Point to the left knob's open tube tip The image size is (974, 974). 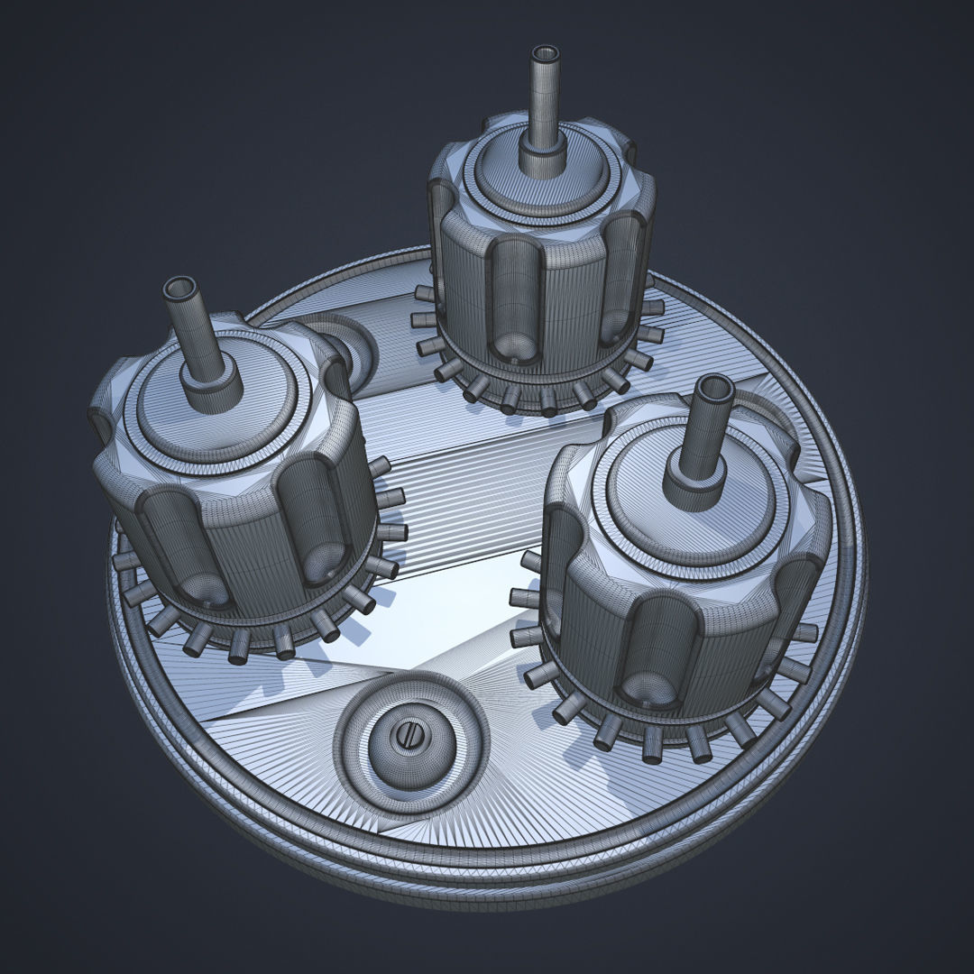tap(179, 289)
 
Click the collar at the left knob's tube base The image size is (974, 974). tap(213, 387)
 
